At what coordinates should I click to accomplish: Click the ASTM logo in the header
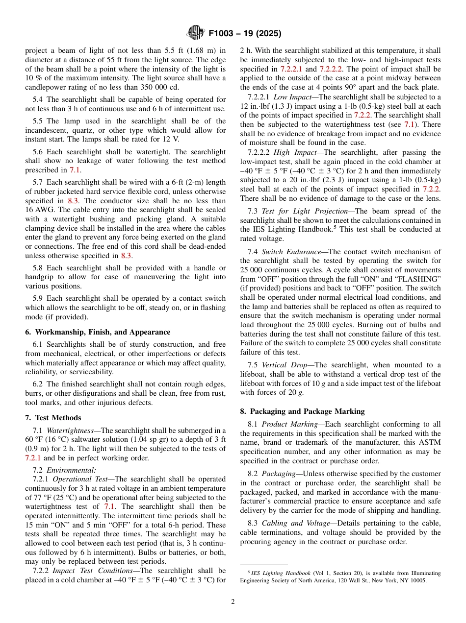point(195,33)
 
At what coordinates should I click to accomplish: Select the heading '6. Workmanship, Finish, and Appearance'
point(98,332)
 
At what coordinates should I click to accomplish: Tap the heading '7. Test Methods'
point(53,418)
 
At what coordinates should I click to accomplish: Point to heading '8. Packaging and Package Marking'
point(302,411)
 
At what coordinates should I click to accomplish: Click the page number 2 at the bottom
point(233,602)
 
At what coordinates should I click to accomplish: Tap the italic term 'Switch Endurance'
point(289,252)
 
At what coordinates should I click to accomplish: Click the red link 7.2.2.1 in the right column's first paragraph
point(292,69)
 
